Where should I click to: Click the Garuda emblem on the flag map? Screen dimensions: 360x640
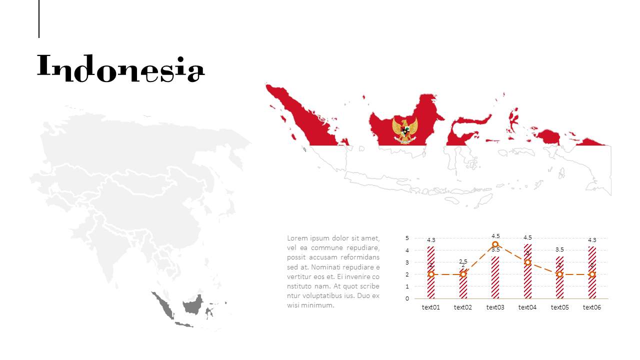pos(405,130)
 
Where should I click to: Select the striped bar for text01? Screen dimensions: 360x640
pos(431,272)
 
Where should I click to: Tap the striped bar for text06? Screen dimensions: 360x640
pos(592,272)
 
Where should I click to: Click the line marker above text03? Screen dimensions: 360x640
pos(495,244)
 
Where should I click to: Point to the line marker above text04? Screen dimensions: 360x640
pos(527,262)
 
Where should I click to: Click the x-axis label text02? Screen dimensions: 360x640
pos(463,307)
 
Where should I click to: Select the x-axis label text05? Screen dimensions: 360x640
pos(560,307)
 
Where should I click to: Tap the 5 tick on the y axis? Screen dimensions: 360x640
pos(407,238)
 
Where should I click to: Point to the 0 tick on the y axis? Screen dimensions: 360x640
pos(407,298)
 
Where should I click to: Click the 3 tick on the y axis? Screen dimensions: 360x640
pos(407,262)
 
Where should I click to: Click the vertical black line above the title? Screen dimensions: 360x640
pos(39,18)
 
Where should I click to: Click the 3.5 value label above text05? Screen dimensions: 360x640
pos(560,249)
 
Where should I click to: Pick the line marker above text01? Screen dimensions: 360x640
pos(431,274)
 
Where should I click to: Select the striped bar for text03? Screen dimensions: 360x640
pos(495,277)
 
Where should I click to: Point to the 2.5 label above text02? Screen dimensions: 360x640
pos(463,261)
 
